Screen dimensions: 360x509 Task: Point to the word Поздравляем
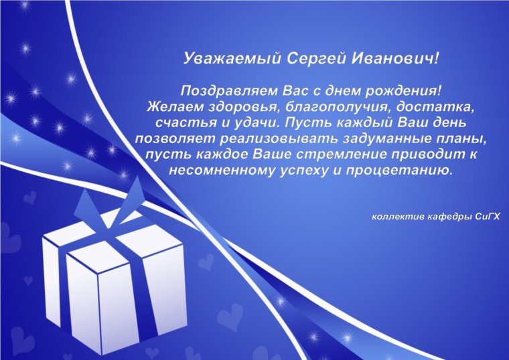230,90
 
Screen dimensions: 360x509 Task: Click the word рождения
408,90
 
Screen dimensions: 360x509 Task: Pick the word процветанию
403,171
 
